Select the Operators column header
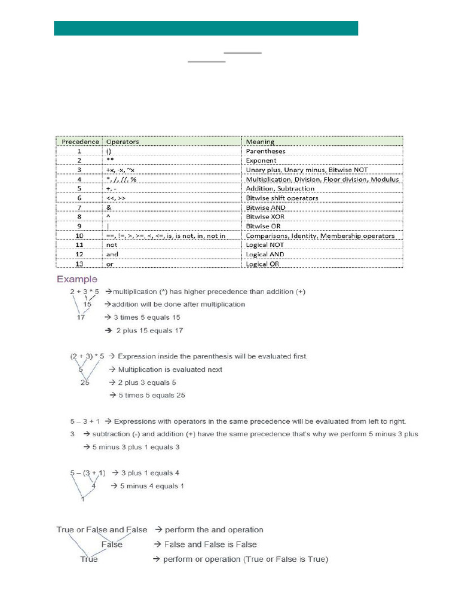click(122, 142)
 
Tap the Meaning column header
click(260, 142)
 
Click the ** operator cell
click(109, 160)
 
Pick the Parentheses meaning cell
click(265, 151)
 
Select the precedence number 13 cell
click(79, 264)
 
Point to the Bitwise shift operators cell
click(282, 198)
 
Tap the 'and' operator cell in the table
click(112, 254)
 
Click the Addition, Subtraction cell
click(280, 188)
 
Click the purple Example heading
click(77, 279)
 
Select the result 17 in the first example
click(80, 317)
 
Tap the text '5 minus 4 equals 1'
click(147, 486)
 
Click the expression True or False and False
click(102, 530)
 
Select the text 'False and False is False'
click(205, 544)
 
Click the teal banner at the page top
click(206, 28)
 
